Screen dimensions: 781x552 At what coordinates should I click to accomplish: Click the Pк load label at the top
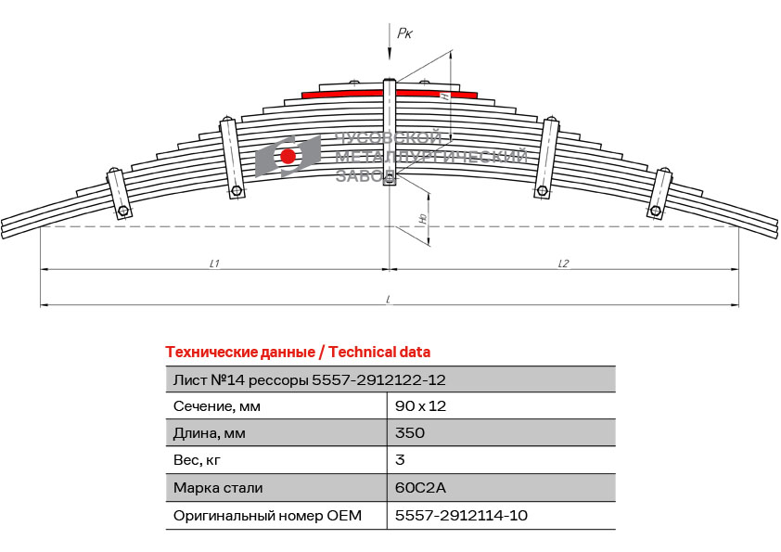[404, 33]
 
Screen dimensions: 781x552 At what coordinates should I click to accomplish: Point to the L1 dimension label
[214, 263]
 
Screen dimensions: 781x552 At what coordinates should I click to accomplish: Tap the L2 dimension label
[563, 263]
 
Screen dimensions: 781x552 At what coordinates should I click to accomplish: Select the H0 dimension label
[423, 218]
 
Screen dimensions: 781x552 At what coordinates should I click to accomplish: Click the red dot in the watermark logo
[288, 156]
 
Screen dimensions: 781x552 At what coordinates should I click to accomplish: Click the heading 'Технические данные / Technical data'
[298, 353]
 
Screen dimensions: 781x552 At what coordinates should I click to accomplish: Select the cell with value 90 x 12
[420, 406]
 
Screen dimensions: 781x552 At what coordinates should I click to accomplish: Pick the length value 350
[410, 432]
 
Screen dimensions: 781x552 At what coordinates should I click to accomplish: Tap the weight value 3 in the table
[400, 460]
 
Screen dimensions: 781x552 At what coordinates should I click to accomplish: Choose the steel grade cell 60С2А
[420, 487]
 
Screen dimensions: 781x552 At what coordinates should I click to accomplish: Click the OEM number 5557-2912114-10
[461, 515]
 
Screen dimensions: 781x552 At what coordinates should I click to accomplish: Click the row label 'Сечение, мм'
[217, 406]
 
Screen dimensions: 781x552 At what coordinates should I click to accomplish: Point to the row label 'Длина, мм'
[210, 433]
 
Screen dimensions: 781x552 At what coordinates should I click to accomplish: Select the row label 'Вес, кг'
[197, 460]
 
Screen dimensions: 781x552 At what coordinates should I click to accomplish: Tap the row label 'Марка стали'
[218, 488]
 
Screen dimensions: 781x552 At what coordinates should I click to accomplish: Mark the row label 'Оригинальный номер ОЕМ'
[267, 516]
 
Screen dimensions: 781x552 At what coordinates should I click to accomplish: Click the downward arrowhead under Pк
[389, 55]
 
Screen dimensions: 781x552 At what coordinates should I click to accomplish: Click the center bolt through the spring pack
[389, 132]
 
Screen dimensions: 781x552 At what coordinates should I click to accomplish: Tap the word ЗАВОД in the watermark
[365, 175]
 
